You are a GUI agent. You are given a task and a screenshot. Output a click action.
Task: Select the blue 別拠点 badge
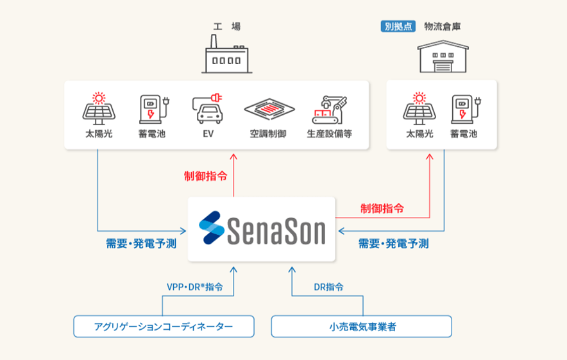pyautogui.click(x=398, y=26)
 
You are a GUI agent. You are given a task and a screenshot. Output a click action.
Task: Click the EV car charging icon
pyautogui.click(x=208, y=110)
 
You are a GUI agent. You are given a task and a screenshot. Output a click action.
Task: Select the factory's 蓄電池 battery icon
pyautogui.click(x=152, y=110)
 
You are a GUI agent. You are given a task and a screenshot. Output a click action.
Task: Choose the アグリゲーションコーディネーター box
pyautogui.click(x=163, y=327)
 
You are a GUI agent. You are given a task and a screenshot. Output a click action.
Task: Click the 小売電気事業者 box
pyautogui.click(x=362, y=327)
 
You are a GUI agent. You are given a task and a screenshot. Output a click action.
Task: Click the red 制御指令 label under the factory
pyautogui.click(x=205, y=175)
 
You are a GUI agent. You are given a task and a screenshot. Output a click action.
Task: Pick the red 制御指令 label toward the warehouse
pyautogui.click(x=382, y=208)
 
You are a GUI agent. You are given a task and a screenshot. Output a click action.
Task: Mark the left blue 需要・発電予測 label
pyautogui.click(x=141, y=244)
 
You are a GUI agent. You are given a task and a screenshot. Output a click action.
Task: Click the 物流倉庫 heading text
pyautogui.click(x=442, y=26)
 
